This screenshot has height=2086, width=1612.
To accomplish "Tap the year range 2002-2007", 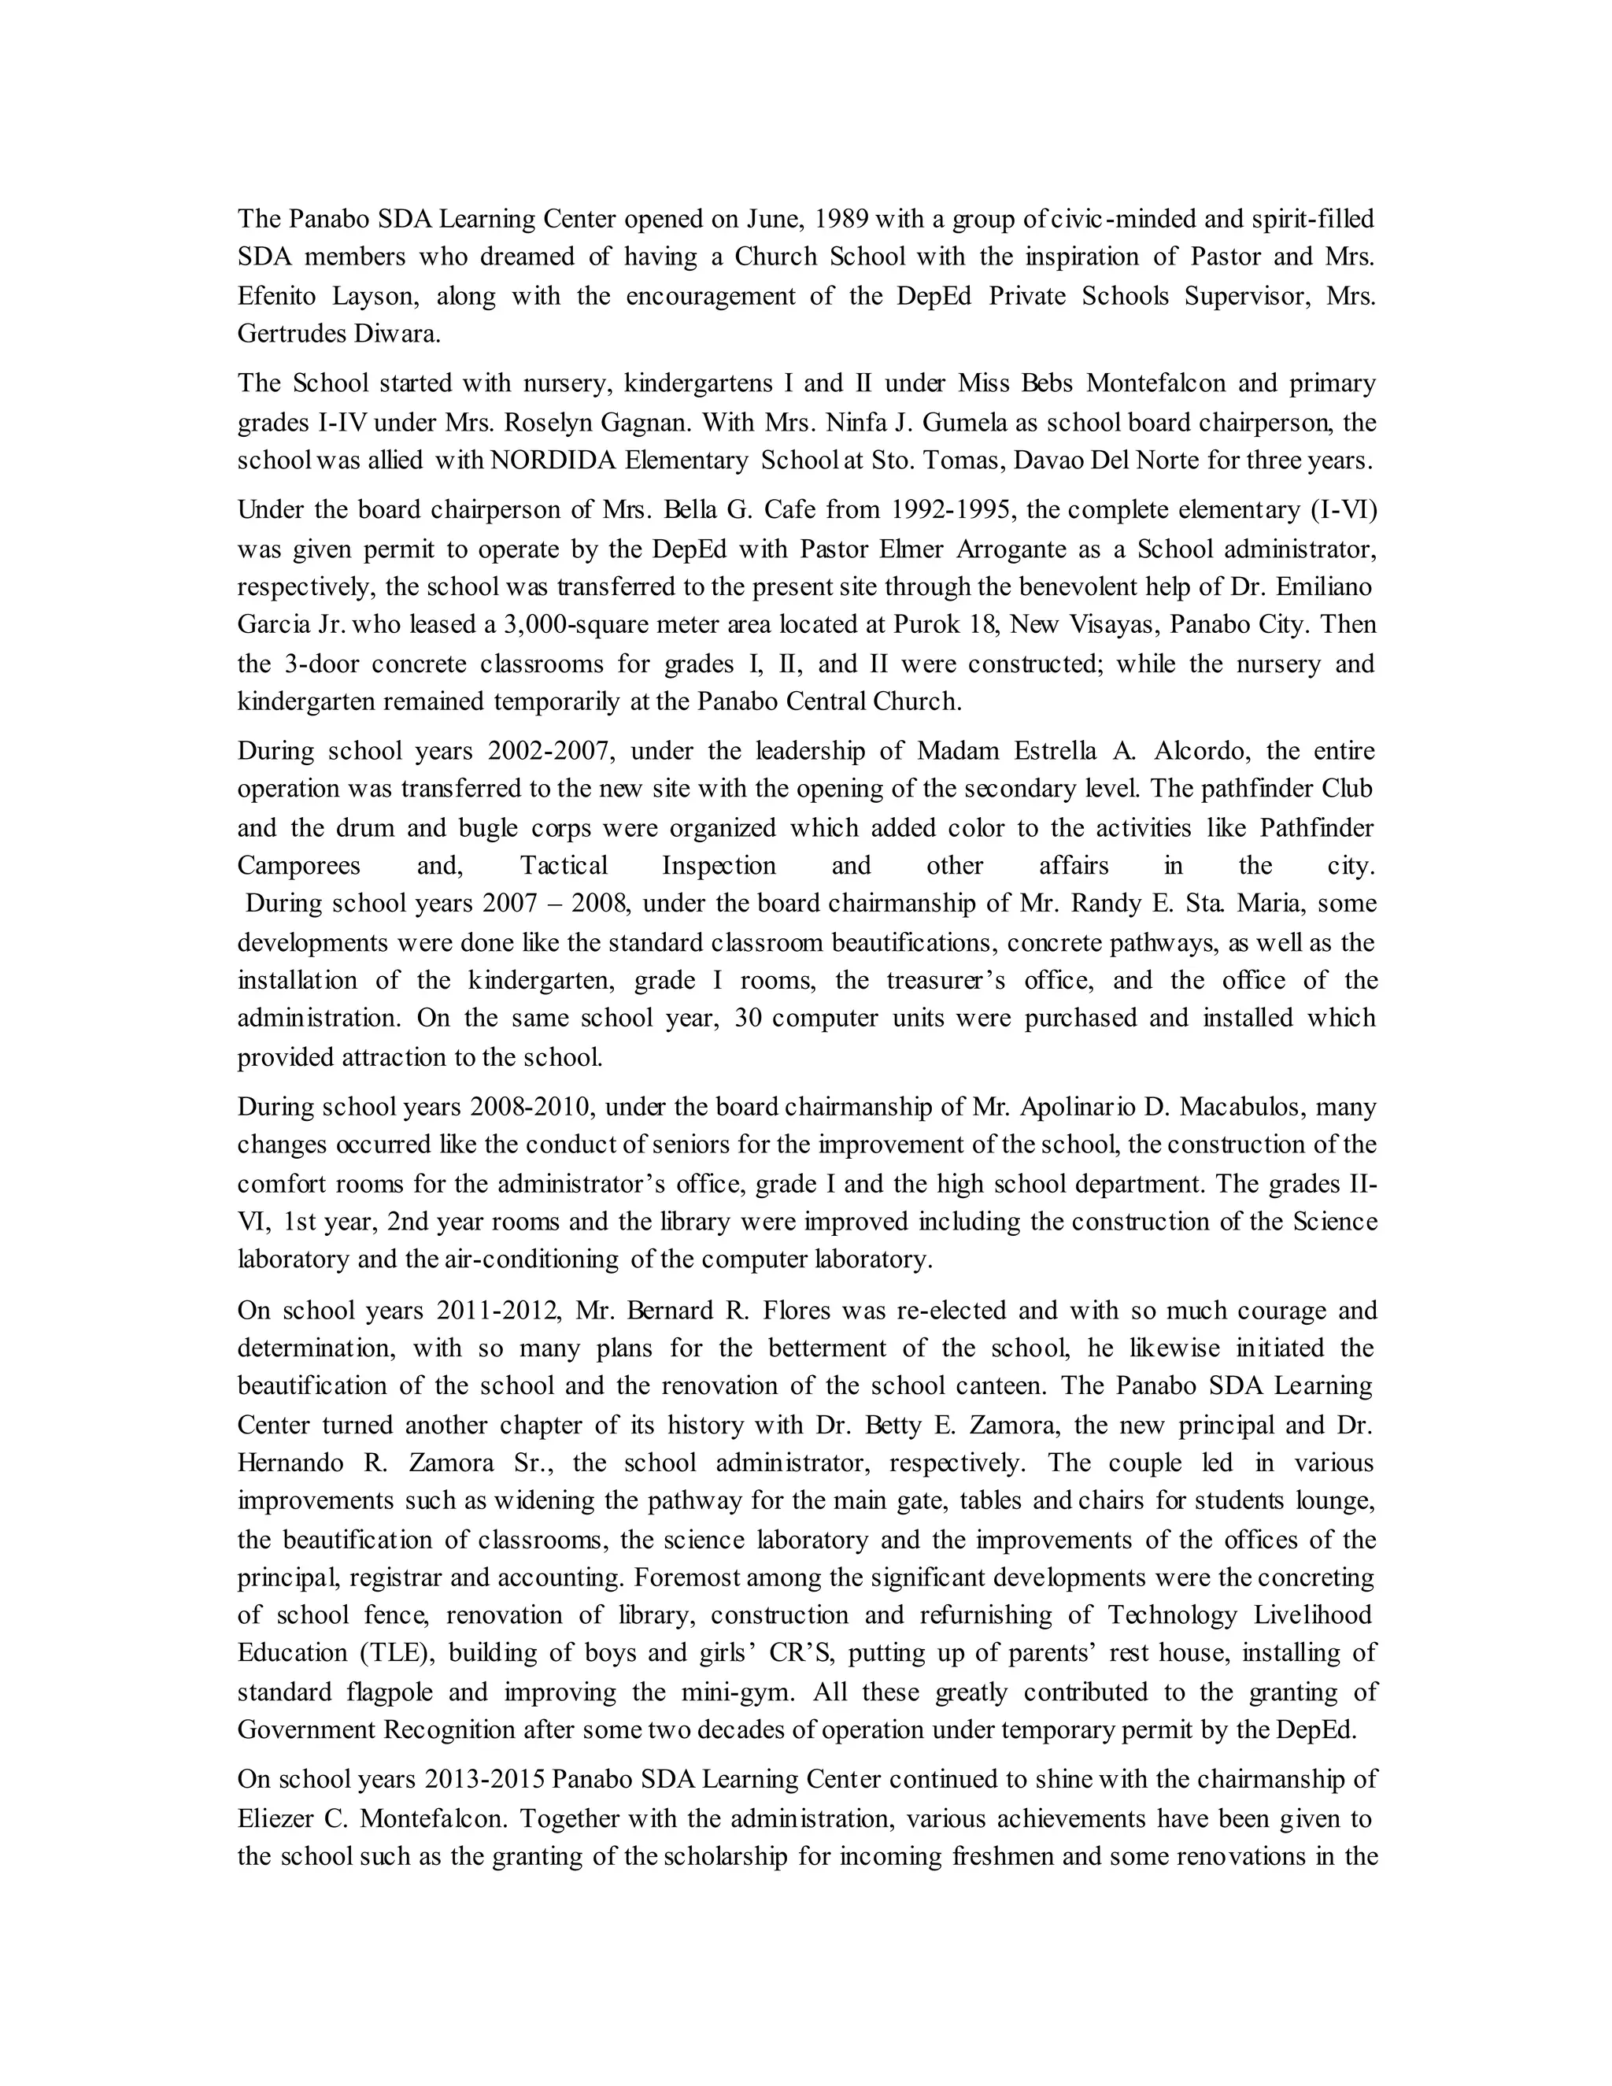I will coord(549,752).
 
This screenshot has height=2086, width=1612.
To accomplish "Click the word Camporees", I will coord(299,867).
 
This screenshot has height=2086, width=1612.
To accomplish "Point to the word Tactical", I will coord(564,867).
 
